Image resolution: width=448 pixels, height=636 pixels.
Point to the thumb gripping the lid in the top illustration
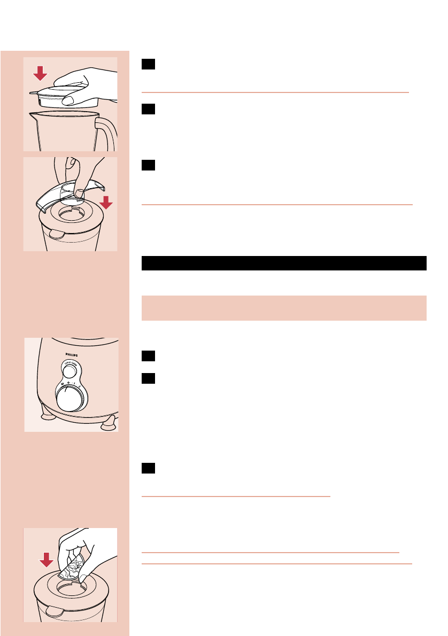[x=68, y=100]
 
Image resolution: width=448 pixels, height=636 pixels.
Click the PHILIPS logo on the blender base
[x=71, y=353]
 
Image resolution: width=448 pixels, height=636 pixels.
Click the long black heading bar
[x=284, y=263]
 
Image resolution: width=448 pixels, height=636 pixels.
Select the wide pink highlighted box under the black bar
[x=284, y=308]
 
